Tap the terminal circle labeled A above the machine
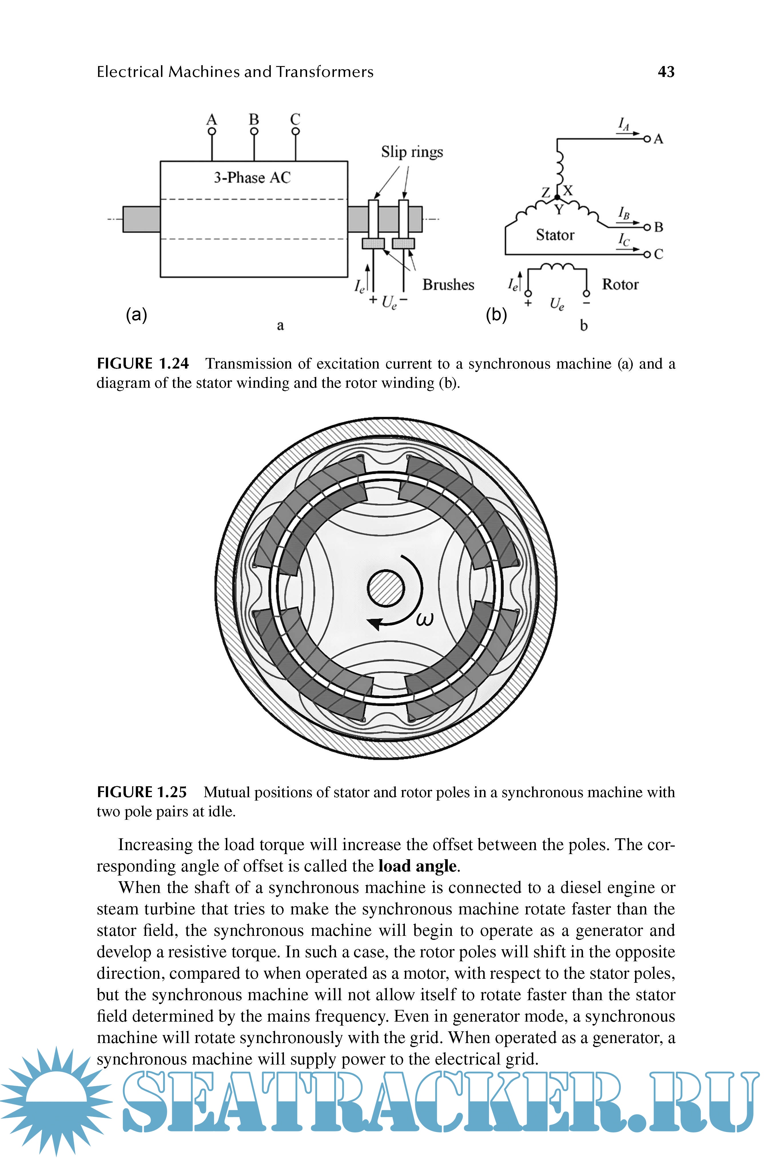[x=212, y=132]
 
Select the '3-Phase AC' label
[x=252, y=177]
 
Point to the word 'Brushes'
[x=448, y=284]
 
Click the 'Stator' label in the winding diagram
[x=555, y=235]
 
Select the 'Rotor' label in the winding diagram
[x=620, y=284]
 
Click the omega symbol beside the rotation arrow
[x=425, y=618]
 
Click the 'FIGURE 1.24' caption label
[x=143, y=363]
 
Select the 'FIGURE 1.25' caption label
[x=142, y=792]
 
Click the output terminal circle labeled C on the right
[x=647, y=254]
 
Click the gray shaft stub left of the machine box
[x=141, y=219]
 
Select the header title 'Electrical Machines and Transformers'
[x=235, y=72]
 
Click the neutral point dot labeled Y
[x=557, y=197]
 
